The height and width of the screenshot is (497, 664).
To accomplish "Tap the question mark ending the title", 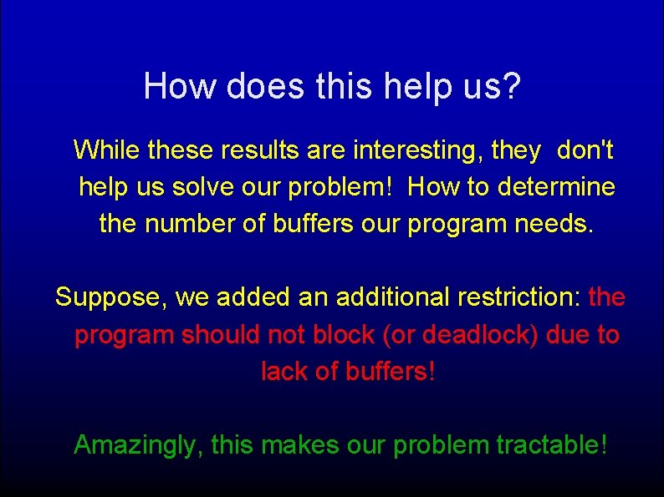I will pyautogui.click(x=512, y=86).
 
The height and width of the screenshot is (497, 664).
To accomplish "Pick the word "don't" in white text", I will pyautogui.click(x=585, y=150).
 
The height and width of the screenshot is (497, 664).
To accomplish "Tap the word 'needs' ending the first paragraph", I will pyautogui.click(x=556, y=224).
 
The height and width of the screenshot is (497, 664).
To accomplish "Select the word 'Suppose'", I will pyautogui.click(x=111, y=297).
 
